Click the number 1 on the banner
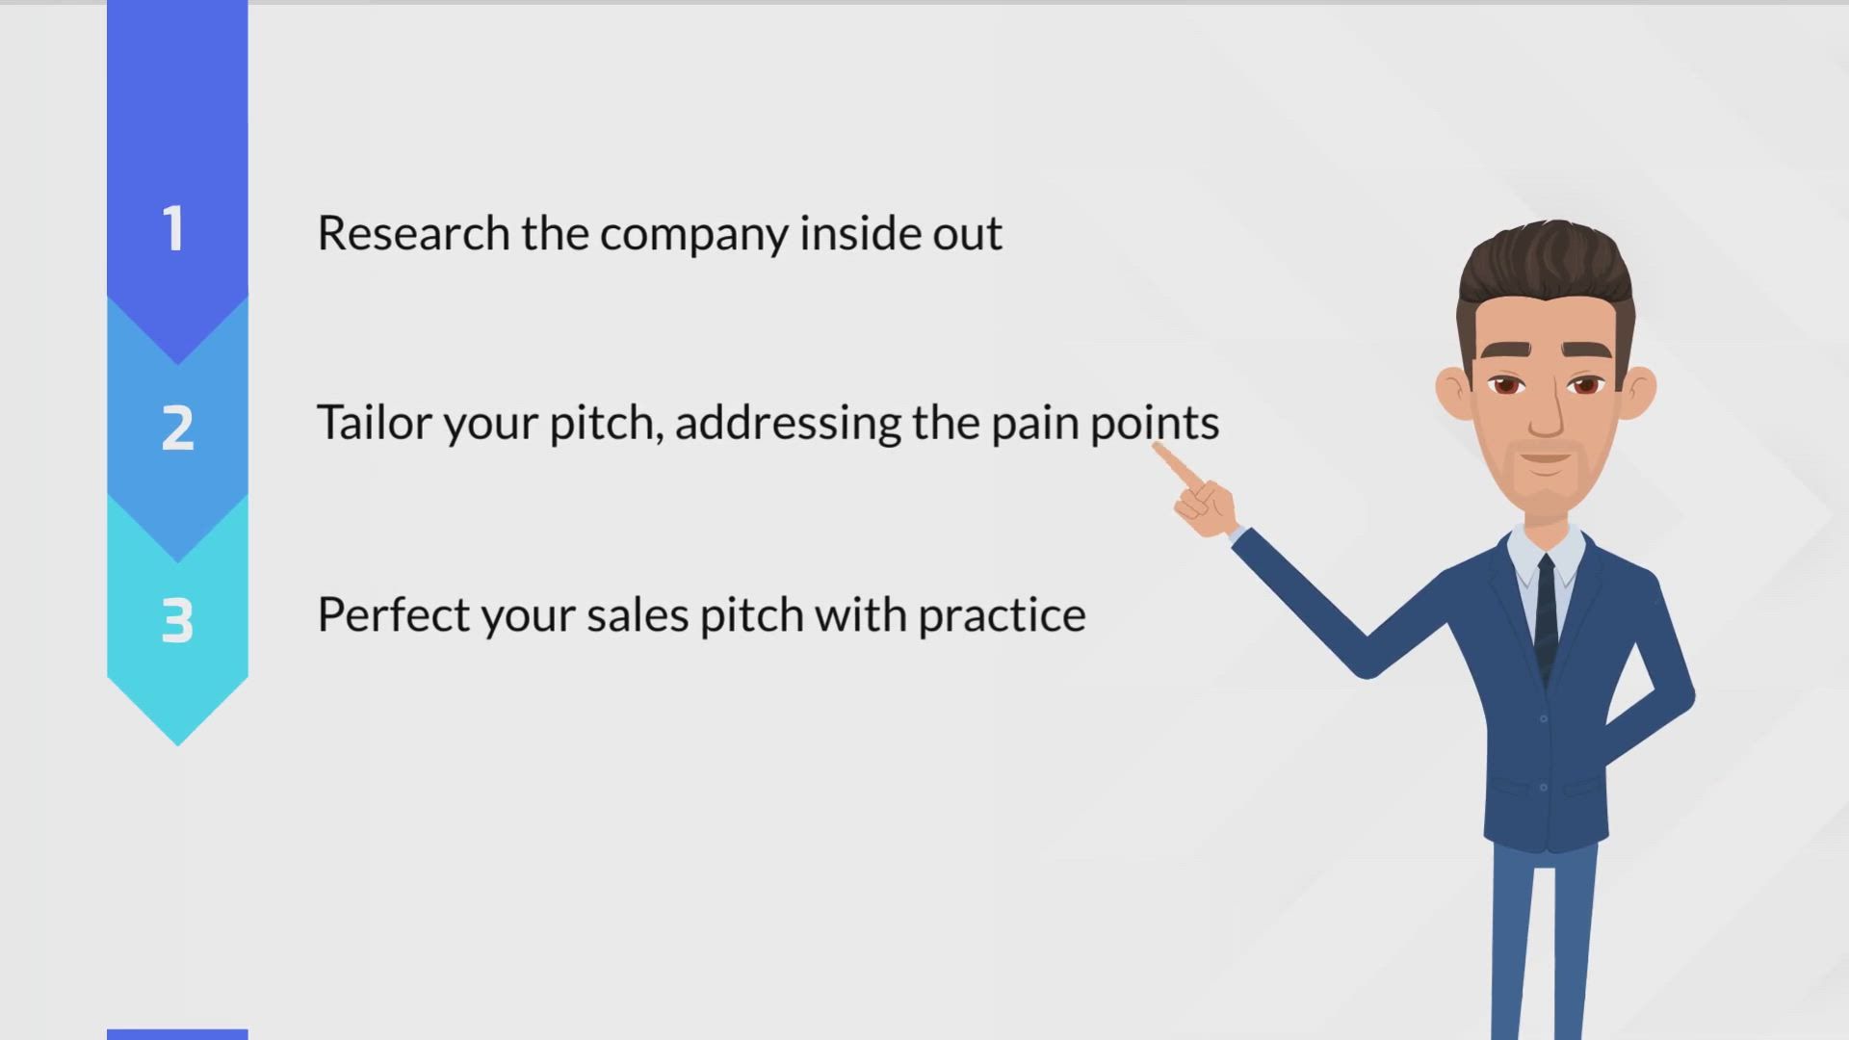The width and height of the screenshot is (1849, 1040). tap(174, 229)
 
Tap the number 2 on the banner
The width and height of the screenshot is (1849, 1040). tap(177, 428)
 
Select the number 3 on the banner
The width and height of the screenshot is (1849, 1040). tap(177, 620)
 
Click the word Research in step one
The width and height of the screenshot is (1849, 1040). tap(413, 233)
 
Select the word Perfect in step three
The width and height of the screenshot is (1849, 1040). tap(393, 614)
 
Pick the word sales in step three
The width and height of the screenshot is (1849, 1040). tap(638, 614)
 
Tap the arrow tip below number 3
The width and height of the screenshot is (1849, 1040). tap(177, 744)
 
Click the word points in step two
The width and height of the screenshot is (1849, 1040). tap(1155, 425)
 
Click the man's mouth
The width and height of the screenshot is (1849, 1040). tap(1546, 459)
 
